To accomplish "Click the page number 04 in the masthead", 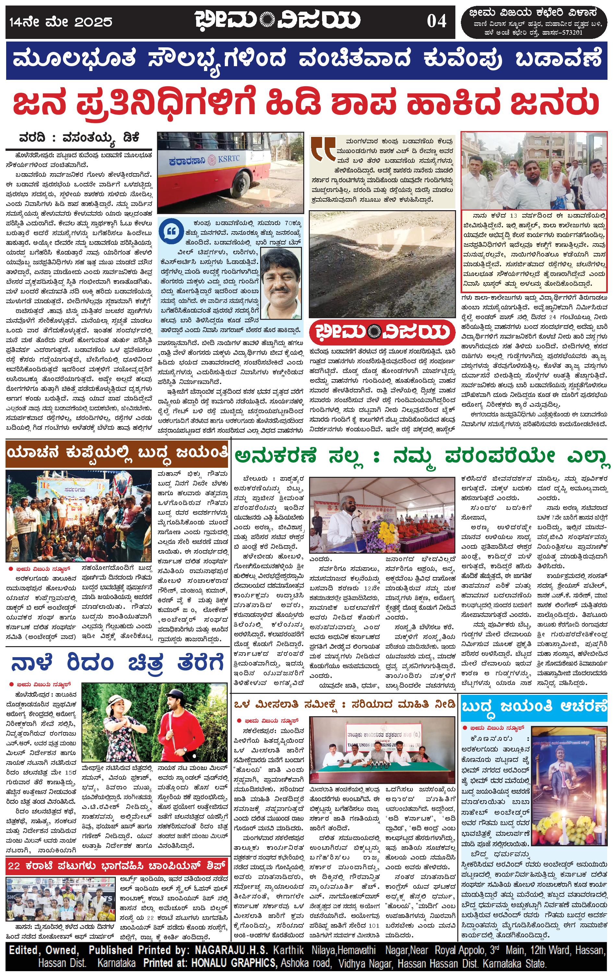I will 436,21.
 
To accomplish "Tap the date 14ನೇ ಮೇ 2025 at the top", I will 61,21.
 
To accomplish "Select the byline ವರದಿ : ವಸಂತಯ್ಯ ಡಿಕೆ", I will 79,138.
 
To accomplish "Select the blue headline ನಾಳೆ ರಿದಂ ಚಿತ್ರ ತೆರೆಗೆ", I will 117,663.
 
